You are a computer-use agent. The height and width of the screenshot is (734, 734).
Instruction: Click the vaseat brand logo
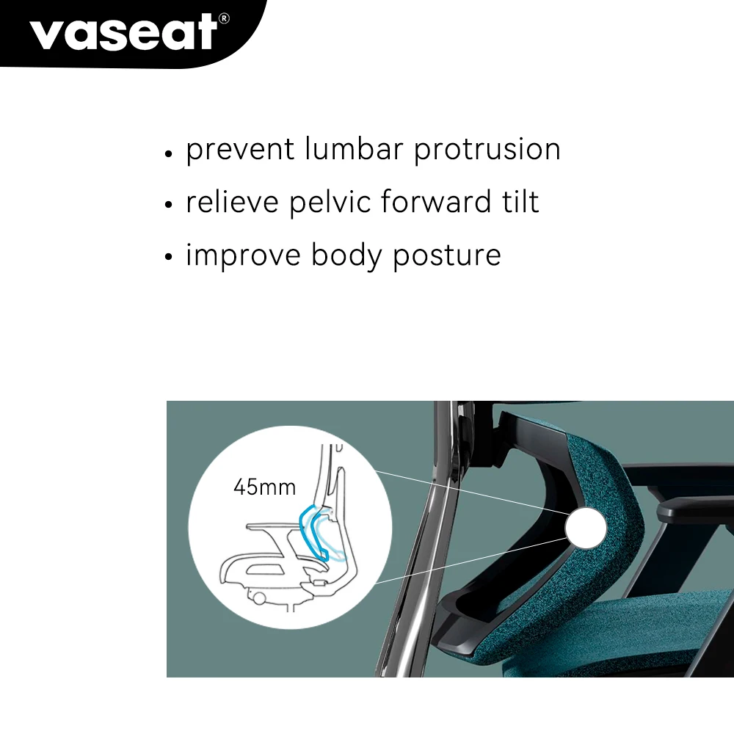[123, 32]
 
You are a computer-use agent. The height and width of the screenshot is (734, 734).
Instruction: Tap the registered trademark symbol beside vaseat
[224, 18]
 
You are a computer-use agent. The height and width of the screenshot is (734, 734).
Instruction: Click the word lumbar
[354, 149]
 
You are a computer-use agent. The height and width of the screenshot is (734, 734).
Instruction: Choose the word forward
[436, 202]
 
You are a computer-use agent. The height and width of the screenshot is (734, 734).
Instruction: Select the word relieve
[232, 202]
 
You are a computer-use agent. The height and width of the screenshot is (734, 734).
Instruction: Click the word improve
[243, 256]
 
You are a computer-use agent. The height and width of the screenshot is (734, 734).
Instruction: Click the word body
[346, 256]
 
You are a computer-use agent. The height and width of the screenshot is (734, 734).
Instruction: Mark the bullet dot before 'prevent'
[169, 153]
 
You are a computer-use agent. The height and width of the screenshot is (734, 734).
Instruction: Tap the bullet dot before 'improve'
[169, 256]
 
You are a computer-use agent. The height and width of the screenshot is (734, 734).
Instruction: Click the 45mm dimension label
[264, 487]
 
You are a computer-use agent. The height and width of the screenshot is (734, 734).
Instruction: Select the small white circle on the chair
[586, 528]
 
